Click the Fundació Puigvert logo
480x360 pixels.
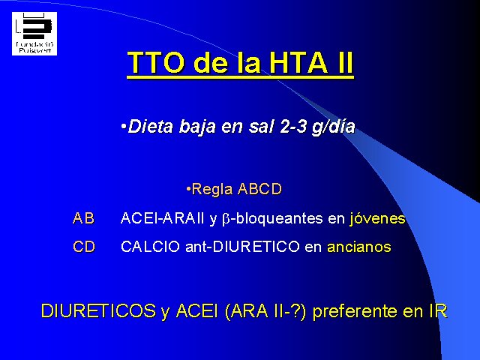(x=34, y=34)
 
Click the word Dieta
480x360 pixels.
(x=150, y=126)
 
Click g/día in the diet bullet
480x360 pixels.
(x=333, y=127)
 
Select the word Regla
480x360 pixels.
(x=211, y=190)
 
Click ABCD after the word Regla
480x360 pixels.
(x=259, y=189)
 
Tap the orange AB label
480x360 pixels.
(x=83, y=218)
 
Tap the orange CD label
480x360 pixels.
(x=84, y=247)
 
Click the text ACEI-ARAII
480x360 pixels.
(x=162, y=218)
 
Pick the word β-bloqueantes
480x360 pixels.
(x=272, y=219)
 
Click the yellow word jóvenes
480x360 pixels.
(x=377, y=218)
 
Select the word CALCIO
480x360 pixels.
(x=150, y=247)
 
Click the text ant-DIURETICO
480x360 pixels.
(x=242, y=247)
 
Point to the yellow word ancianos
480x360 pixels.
(x=359, y=247)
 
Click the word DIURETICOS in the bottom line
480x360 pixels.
(x=98, y=310)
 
